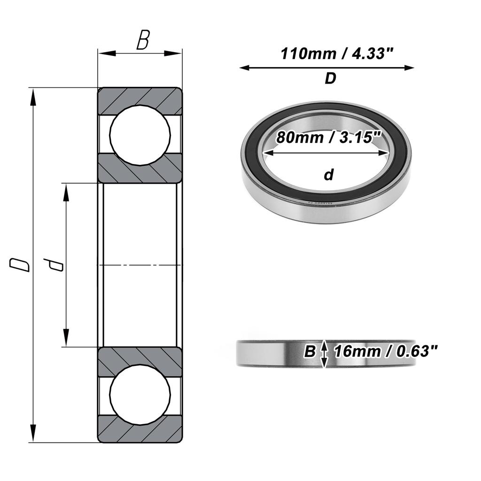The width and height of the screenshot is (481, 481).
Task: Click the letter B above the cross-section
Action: coord(142,41)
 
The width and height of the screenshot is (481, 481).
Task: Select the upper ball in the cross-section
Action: coord(140,135)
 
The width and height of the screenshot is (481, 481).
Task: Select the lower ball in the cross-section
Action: coord(140,395)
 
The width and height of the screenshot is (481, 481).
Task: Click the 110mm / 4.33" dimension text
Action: coord(336,54)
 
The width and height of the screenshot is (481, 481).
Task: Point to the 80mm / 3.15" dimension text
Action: coord(328,138)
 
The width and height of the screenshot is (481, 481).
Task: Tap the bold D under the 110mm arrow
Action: coord(330,79)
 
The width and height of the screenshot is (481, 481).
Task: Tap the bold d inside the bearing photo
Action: coord(328,175)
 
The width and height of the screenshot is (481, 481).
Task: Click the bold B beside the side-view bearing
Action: coord(309,351)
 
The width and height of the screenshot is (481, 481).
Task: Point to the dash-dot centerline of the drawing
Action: coord(140,265)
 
